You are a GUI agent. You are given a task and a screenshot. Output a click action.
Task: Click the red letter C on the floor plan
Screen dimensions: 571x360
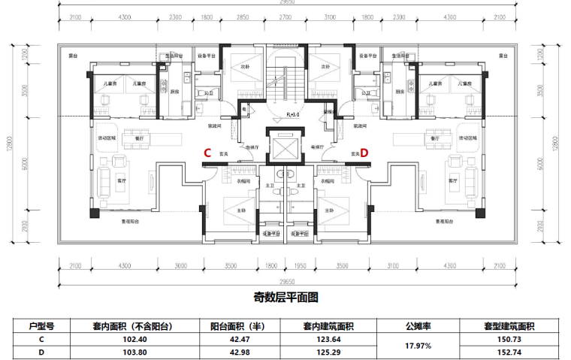[207, 153]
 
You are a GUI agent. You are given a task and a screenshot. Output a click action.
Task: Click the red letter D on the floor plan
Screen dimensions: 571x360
[364, 153]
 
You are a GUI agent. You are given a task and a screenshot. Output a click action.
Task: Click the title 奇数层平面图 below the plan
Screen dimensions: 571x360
[286, 298]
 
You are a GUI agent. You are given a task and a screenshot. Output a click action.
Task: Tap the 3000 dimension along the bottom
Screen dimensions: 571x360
[180, 266]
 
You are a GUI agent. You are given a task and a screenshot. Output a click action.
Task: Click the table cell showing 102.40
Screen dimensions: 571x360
[133, 339]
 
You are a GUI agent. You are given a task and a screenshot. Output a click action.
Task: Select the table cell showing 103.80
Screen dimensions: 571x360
[133, 351]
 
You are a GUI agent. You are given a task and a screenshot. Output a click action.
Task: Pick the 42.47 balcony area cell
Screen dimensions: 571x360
[240, 339]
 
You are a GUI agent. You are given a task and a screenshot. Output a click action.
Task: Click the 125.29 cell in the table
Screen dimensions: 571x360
[329, 351]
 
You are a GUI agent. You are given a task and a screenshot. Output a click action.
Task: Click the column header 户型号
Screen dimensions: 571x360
[41, 326]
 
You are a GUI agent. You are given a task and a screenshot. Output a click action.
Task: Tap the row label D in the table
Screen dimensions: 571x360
[41, 351]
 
